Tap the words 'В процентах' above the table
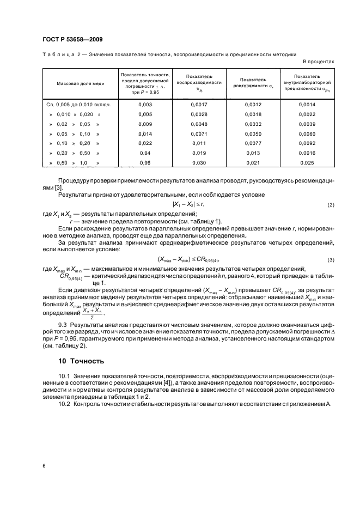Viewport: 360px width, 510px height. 318,62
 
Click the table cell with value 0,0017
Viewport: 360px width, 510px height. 199,104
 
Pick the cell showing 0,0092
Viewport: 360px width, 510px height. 307,142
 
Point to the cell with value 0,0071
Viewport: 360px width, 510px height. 199,133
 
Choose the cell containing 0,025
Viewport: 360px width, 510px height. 307,162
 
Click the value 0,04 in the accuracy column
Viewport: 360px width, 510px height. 145,153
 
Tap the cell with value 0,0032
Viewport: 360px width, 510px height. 253,124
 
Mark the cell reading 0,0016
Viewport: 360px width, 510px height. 307,153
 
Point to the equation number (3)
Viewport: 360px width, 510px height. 331,259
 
